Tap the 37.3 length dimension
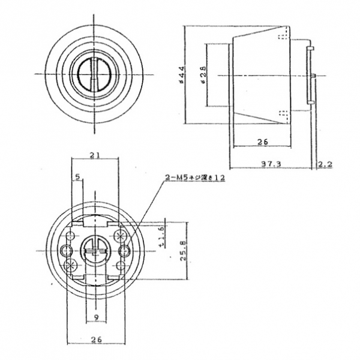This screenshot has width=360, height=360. click(x=271, y=163)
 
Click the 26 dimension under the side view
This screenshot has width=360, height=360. click(x=262, y=142)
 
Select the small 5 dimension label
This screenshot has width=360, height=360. click(x=77, y=176)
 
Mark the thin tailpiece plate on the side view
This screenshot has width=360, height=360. click(x=310, y=74)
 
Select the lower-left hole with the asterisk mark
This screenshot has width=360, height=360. click(x=69, y=264)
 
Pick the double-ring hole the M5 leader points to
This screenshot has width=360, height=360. click(x=125, y=249)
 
